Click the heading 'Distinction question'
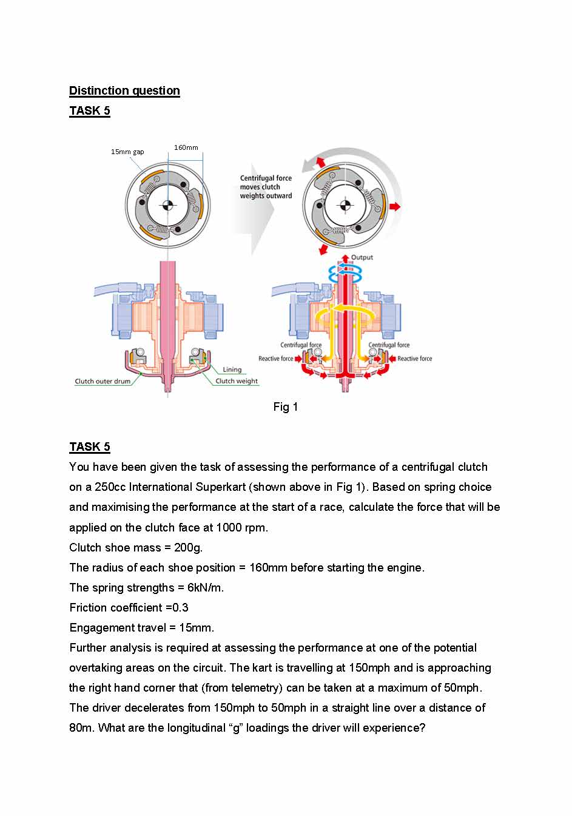tap(124, 91)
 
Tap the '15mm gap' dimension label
tap(127, 152)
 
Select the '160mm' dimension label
tap(186, 147)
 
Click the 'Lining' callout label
tap(232, 369)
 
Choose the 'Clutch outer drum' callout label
tap(103, 382)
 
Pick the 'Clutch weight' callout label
tap(237, 382)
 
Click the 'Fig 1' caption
tap(285, 407)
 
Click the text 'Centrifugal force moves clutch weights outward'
tap(266, 187)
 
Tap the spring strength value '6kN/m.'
tap(206, 588)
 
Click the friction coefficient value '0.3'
tap(180, 608)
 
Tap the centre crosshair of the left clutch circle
tap(168, 206)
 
